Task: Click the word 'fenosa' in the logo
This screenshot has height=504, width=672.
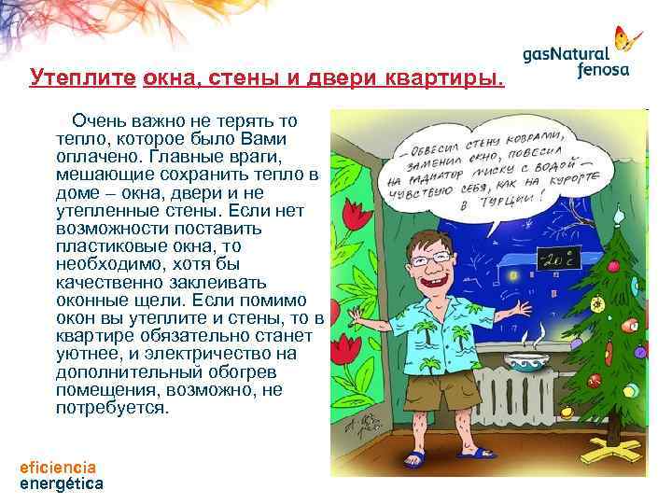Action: point(603,69)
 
